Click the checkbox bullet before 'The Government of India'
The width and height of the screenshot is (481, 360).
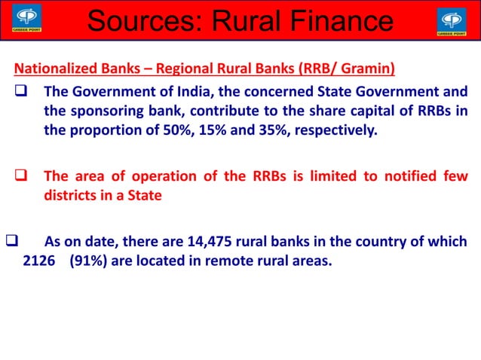pos(22,93)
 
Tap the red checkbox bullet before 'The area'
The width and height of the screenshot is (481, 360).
pos(22,178)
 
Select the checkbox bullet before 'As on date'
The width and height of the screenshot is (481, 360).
pos(11,243)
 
